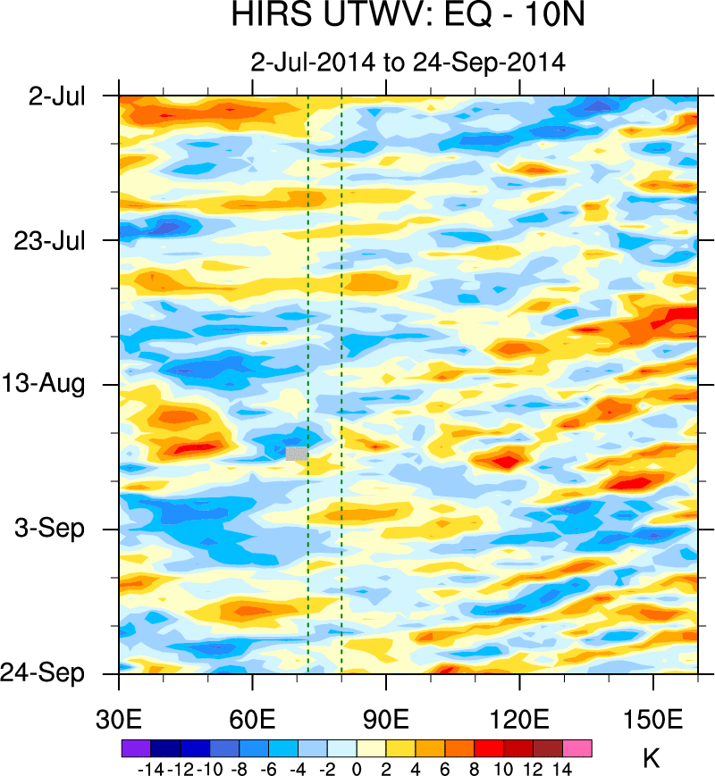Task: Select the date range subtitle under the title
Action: (408, 63)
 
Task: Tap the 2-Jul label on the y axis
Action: (57, 96)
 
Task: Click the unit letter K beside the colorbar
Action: (652, 759)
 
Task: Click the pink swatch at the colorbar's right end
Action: (577, 748)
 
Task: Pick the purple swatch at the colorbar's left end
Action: (135, 748)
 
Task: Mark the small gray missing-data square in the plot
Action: (297, 453)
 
